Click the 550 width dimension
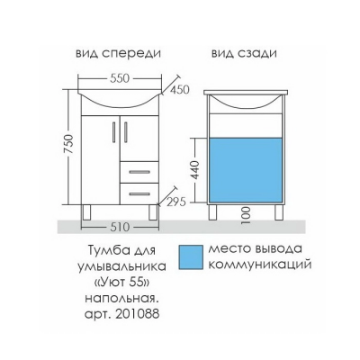[x=120, y=78]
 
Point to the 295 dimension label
[x=175, y=202]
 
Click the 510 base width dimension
[x=120, y=227]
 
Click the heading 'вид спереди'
[x=118, y=54]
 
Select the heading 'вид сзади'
[x=244, y=54]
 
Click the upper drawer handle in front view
[x=139, y=172]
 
